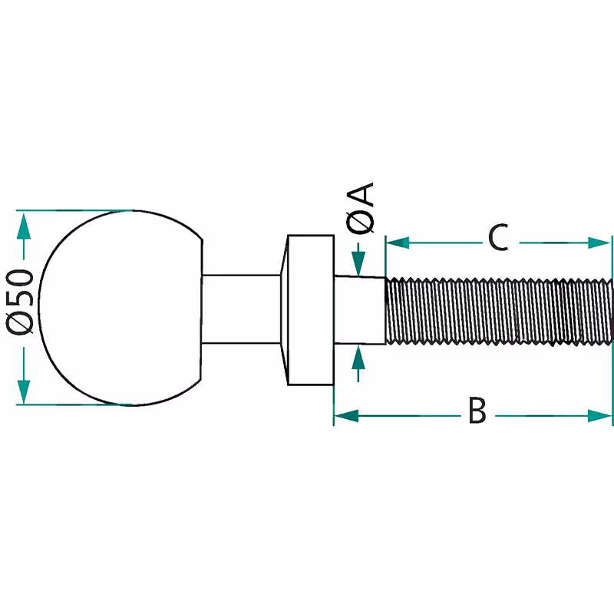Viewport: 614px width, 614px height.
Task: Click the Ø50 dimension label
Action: pos(21,302)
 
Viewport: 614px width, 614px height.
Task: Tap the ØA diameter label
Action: pos(361,208)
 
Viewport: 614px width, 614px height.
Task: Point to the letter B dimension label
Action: pos(477,411)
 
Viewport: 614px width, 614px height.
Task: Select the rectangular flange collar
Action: pos(311,309)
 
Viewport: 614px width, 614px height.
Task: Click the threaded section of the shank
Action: pos(499,309)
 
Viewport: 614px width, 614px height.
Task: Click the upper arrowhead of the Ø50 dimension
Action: pos(24,223)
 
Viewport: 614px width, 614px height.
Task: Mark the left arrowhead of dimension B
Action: pos(346,416)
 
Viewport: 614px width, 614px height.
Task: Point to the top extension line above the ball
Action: pos(77,210)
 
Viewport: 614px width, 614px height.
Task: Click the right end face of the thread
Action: pos(612,309)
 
